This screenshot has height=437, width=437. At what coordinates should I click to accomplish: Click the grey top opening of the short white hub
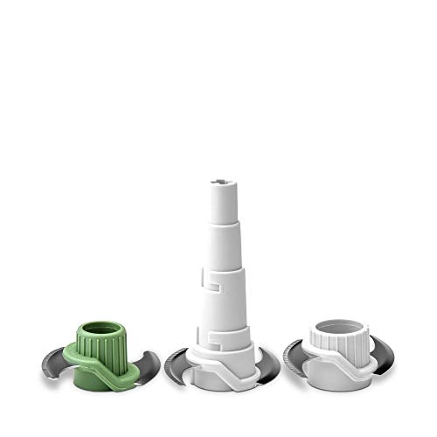[336, 330]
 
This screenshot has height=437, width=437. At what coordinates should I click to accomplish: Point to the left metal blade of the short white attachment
[295, 359]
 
